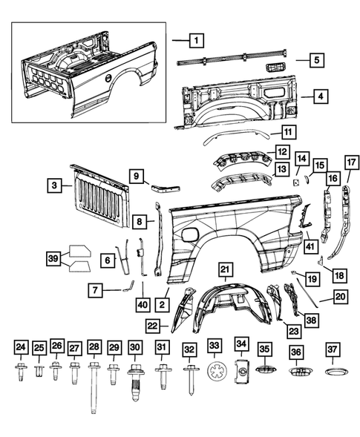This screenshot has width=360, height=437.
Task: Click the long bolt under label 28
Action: [94, 385]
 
